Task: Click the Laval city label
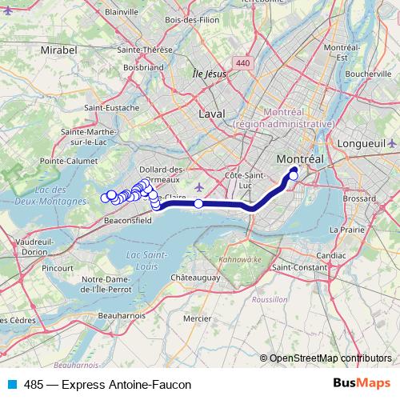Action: click(x=212, y=114)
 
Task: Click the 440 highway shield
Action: click(x=242, y=63)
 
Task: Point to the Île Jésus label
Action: click(x=209, y=74)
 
